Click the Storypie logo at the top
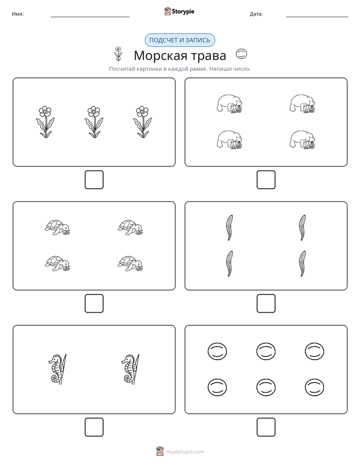[x=179, y=11]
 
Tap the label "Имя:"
[x=18, y=14]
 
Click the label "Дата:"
[x=256, y=14]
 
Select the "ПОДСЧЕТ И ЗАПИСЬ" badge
[x=179, y=40]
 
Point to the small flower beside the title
[x=118, y=54]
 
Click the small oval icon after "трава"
[x=241, y=54]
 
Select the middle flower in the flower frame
[x=94, y=122]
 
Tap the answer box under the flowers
[x=94, y=180]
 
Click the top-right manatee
[x=302, y=104]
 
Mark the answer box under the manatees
[x=266, y=180]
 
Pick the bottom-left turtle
[x=57, y=263]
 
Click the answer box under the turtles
[x=94, y=304]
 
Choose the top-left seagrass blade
[x=229, y=227]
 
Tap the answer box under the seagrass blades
[x=266, y=304]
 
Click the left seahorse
[x=57, y=369]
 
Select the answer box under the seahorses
[x=94, y=427]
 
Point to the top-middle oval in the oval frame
[x=266, y=352]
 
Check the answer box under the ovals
[x=266, y=427]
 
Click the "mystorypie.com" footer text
[x=185, y=452]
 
